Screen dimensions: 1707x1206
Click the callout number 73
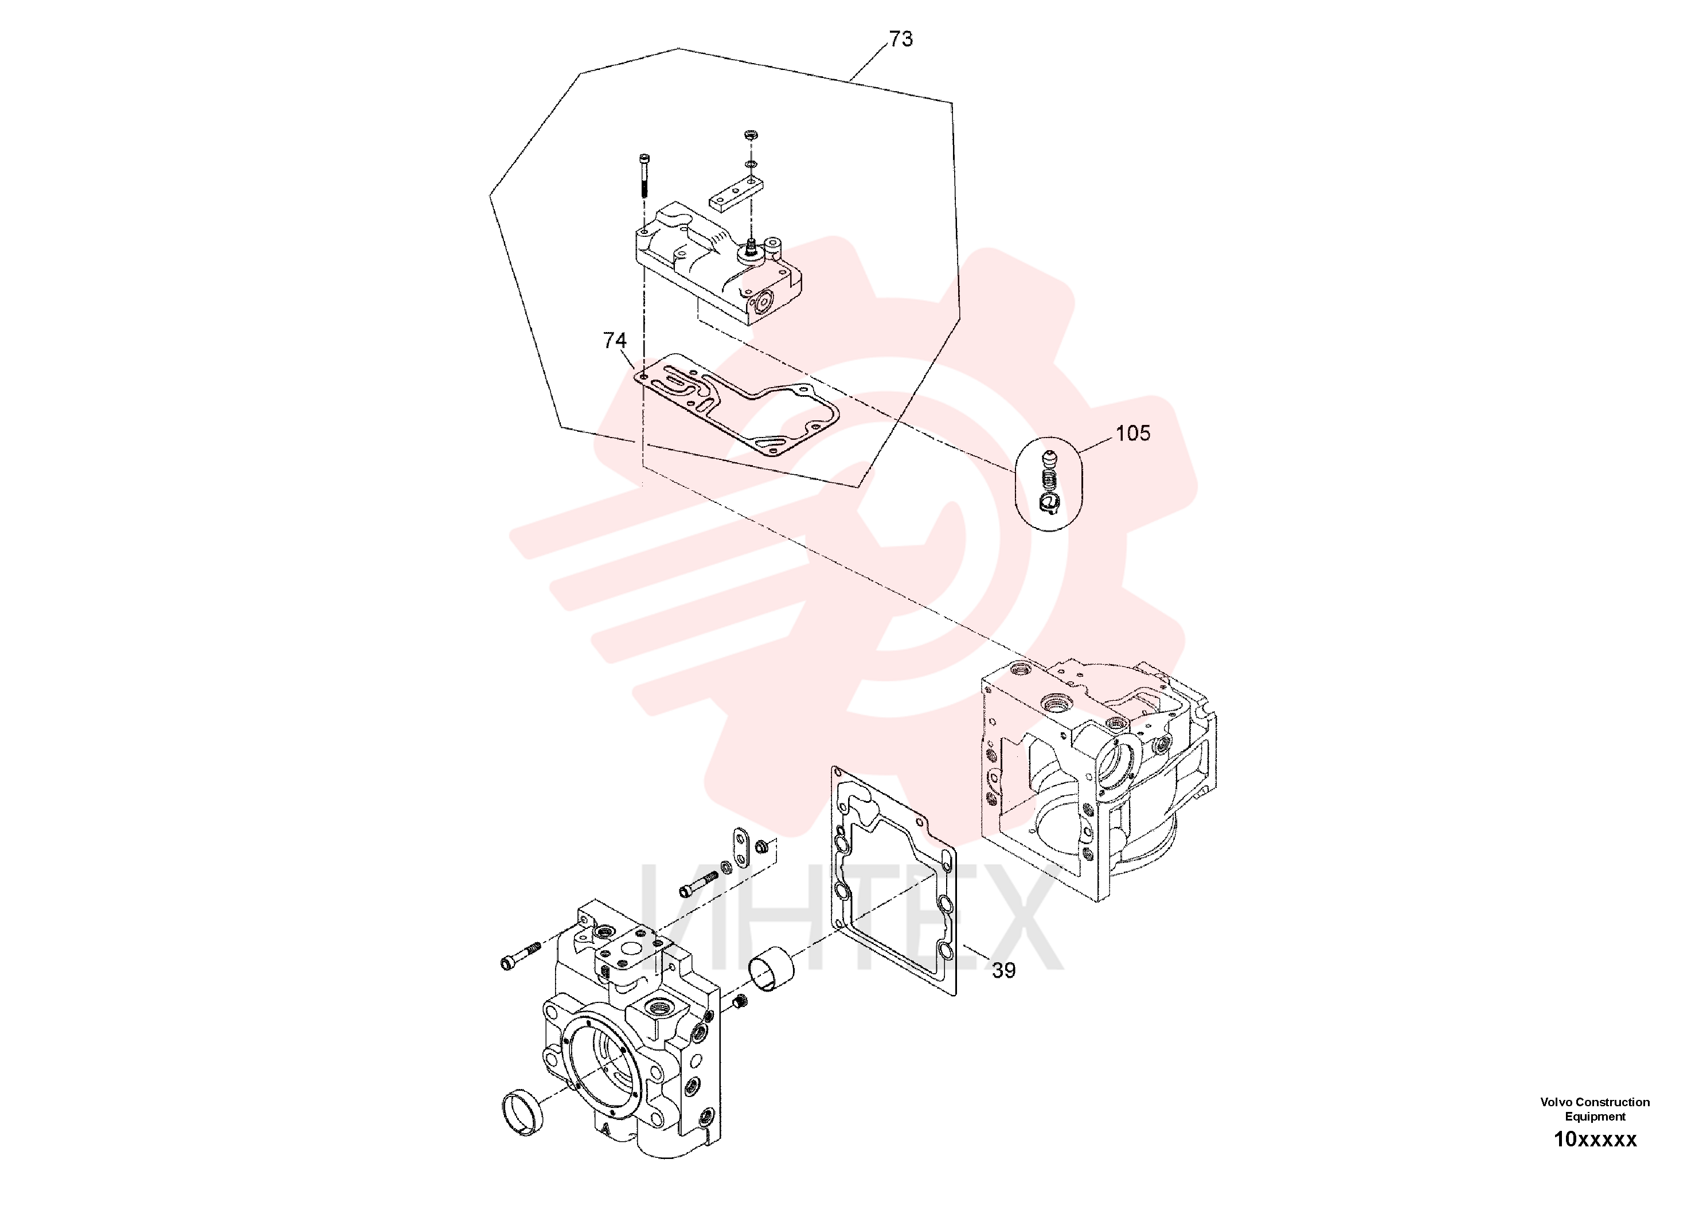point(900,38)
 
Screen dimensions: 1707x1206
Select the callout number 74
point(615,341)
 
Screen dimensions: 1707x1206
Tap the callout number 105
point(1133,434)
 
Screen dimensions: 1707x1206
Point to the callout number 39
point(1003,970)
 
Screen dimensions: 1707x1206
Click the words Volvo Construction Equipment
point(1595,1109)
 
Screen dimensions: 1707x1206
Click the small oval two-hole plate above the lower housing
point(740,848)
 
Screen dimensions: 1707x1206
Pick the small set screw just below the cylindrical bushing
point(740,1004)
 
